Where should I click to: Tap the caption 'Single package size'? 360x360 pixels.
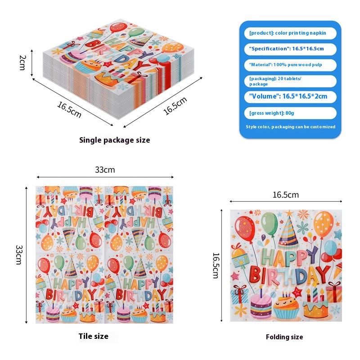(x=114, y=140)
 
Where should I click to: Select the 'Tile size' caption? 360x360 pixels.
(x=94, y=336)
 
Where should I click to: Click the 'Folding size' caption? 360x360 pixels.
(x=284, y=337)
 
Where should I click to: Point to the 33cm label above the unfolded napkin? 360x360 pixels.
(x=105, y=170)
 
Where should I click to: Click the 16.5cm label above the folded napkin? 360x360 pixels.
(x=285, y=194)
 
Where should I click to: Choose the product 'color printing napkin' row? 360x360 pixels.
(x=290, y=33)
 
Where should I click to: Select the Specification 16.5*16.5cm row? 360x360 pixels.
(x=290, y=49)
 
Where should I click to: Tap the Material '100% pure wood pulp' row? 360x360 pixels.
(x=290, y=65)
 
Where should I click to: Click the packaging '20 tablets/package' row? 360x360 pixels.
(x=290, y=81)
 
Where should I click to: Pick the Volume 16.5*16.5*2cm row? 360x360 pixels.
(x=290, y=96)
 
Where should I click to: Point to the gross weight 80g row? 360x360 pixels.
(x=290, y=113)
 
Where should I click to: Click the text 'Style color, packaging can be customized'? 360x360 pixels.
(x=290, y=127)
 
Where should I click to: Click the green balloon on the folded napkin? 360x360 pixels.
(x=269, y=224)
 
